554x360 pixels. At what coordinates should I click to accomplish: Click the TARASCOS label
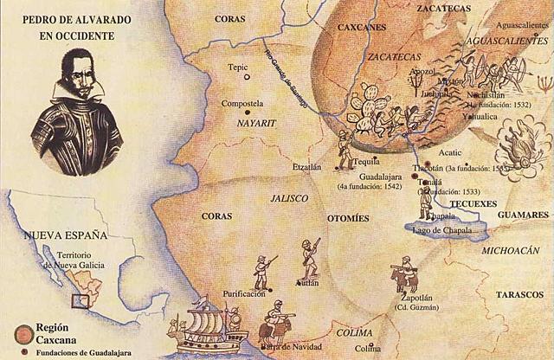pyautogui.click(x=518, y=295)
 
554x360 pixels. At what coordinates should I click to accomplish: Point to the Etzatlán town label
pyautogui.click(x=312, y=164)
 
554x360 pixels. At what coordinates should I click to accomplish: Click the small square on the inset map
pyautogui.click(x=81, y=301)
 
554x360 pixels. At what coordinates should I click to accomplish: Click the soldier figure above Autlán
pyautogui.click(x=309, y=256)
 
